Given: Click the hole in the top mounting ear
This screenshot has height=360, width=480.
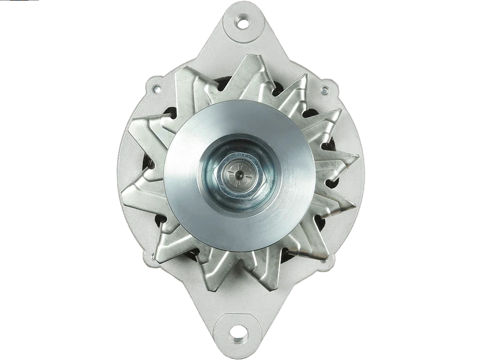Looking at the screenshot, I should tap(242, 23).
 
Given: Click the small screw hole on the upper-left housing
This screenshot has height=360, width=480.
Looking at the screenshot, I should tap(156, 89).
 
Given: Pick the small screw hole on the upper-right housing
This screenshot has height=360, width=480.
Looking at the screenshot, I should tap(325, 91).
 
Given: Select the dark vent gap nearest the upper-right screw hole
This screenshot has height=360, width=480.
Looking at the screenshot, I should tap(310, 113).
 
